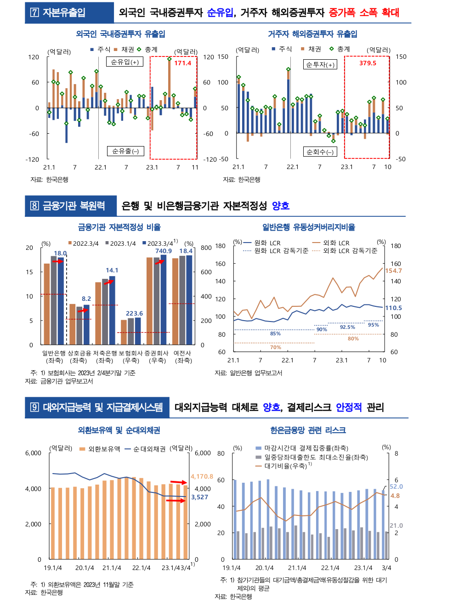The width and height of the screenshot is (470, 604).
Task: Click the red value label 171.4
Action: (182, 63)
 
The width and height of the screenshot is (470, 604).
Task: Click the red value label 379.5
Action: (368, 63)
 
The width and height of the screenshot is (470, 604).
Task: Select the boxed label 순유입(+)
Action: (125, 62)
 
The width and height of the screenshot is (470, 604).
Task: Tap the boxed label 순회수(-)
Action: (320, 152)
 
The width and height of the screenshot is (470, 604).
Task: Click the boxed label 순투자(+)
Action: (320, 65)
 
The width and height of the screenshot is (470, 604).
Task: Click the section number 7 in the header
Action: (34, 13)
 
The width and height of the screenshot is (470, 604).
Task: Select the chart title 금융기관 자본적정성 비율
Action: (119, 227)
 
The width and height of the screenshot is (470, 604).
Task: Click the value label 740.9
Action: (164, 251)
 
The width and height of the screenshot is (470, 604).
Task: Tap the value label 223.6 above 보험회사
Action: (134, 313)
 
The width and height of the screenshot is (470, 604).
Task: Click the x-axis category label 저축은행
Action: (105, 353)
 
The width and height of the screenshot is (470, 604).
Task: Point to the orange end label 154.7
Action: (393, 271)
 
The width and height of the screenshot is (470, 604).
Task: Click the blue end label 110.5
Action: (393, 308)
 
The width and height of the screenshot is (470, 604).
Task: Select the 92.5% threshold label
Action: (347, 327)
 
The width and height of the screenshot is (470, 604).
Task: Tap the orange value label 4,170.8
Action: (202, 476)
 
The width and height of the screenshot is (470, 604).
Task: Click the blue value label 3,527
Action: (199, 497)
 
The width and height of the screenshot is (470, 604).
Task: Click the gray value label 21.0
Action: (396, 525)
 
